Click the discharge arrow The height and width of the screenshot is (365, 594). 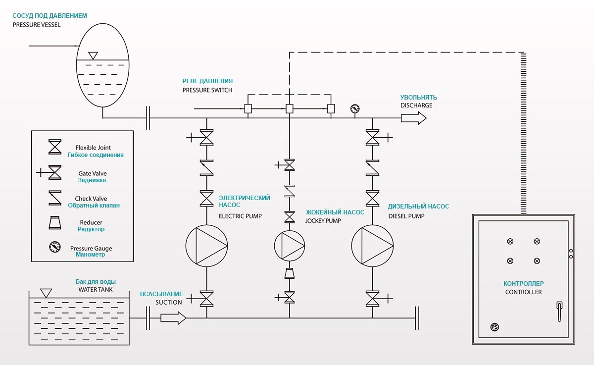[x=413, y=118]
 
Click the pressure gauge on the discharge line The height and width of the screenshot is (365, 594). [x=354, y=109]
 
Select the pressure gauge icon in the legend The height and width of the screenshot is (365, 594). [x=54, y=247]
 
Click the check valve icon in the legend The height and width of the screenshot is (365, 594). [x=54, y=199]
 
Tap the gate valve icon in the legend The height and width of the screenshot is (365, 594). [x=53, y=173]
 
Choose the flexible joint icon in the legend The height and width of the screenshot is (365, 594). [x=54, y=148]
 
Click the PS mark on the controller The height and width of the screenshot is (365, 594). [x=494, y=327]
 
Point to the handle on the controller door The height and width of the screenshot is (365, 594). [x=559, y=312]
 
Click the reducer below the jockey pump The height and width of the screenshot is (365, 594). [x=290, y=273]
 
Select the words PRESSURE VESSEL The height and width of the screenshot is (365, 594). [x=37, y=25]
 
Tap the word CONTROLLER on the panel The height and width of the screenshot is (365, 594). [x=523, y=292]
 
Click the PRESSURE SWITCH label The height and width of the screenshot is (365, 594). [x=207, y=90]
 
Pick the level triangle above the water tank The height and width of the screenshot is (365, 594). [x=46, y=293]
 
